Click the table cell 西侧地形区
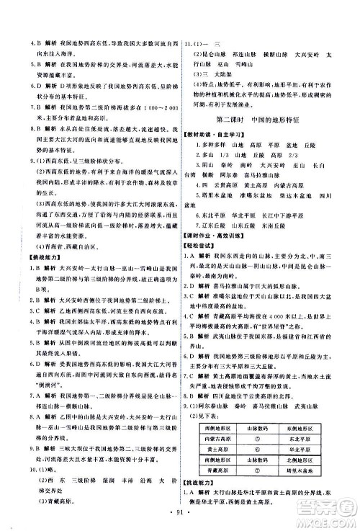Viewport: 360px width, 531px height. coord(215,408)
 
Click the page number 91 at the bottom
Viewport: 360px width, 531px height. coord(180,513)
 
